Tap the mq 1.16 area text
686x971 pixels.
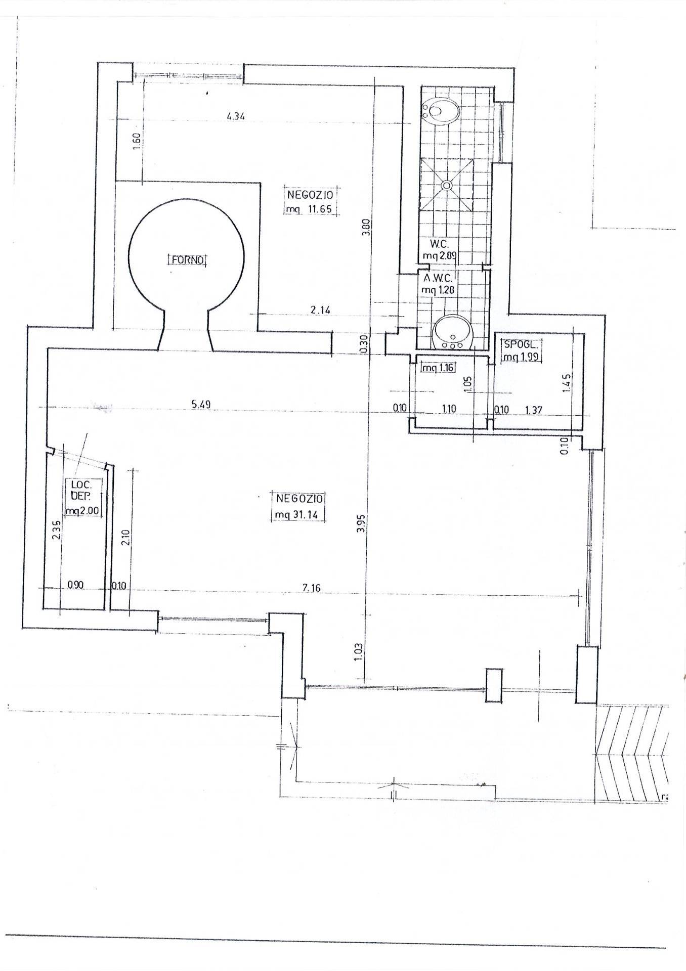tap(438, 368)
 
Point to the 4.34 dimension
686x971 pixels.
tap(236, 116)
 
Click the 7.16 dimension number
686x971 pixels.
tap(312, 588)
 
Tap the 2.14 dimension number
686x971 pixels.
tap(321, 310)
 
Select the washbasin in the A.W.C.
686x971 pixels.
tap(452, 332)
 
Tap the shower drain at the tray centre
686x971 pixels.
tap(447, 185)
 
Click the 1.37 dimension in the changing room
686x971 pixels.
tap(533, 410)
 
